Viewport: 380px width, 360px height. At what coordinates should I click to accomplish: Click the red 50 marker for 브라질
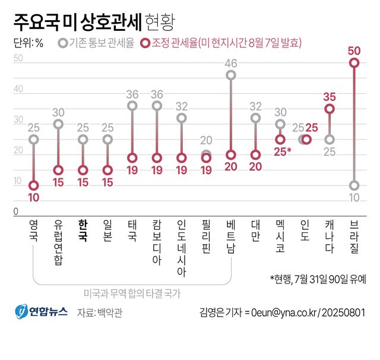pos(354,63)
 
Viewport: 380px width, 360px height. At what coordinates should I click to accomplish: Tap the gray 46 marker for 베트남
pos(231,75)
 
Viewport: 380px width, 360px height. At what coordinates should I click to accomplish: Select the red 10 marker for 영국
pos(34,185)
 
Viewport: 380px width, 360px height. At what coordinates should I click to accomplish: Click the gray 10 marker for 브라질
pos(354,185)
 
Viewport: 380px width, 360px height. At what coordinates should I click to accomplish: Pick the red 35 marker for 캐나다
pos(330,109)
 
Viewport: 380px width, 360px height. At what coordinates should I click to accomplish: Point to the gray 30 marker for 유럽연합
pos(58,124)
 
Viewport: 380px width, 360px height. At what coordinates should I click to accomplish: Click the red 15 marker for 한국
pos(83,170)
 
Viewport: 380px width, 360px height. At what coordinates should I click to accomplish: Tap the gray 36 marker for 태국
pos(132,106)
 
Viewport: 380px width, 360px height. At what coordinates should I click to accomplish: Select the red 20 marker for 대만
pos(255,155)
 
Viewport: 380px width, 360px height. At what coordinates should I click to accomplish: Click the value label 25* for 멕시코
pos(282,153)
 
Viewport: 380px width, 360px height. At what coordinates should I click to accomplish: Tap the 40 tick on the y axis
pos(18,89)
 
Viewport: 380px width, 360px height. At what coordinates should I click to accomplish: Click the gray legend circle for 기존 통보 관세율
pos(63,43)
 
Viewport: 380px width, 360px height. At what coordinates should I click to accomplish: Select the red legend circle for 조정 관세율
pos(145,43)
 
